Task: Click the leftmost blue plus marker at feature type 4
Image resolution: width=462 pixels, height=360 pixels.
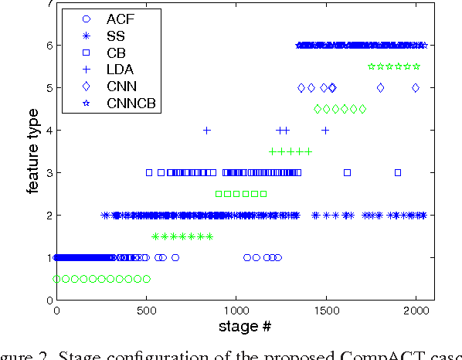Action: pyautogui.click(x=207, y=131)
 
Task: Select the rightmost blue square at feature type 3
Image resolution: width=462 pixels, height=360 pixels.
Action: pyautogui.click(x=398, y=172)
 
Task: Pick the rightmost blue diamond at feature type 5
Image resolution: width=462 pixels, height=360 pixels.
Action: pyautogui.click(x=416, y=88)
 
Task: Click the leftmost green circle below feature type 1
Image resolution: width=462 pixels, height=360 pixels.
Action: pyautogui.click(x=57, y=278)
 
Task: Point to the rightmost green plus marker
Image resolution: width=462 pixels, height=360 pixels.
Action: pyautogui.click(x=308, y=151)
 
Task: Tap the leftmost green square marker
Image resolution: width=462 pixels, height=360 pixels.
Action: pyautogui.click(x=219, y=194)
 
